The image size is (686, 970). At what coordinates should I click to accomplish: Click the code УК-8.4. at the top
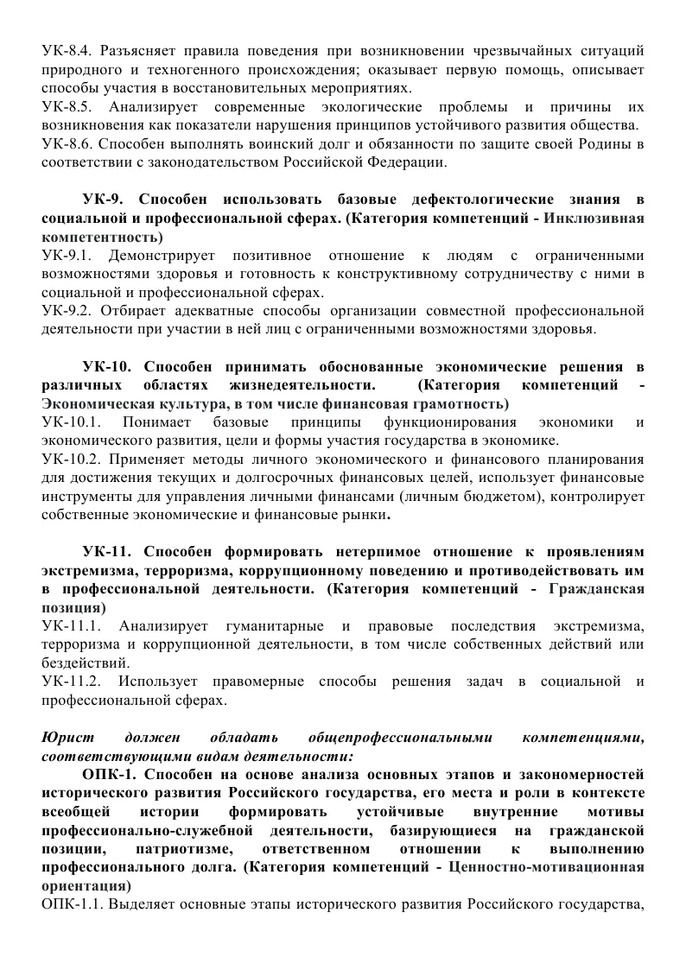point(67,50)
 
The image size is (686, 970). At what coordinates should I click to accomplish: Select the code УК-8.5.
point(67,107)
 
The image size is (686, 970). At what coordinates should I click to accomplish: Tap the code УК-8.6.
point(67,144)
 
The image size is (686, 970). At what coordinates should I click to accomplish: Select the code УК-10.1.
point(73,422)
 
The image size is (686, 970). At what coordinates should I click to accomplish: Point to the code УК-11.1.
point(73,626)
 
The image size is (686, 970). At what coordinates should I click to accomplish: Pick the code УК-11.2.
point(73,682)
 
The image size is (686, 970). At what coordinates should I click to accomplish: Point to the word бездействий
point(85,663)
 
